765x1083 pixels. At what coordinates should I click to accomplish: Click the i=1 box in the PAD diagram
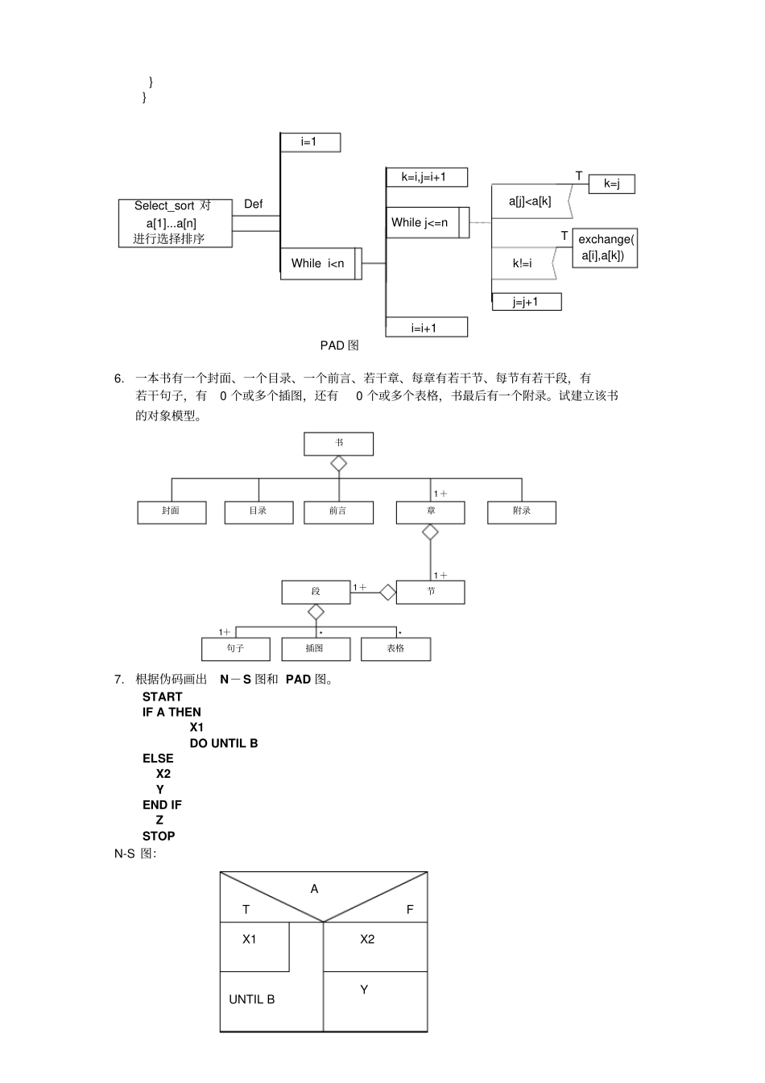pos(309,143)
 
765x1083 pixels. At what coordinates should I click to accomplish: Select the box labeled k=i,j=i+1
pos(426,177)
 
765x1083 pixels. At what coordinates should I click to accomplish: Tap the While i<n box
pos(318,263)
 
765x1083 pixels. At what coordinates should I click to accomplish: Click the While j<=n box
pos(422,222)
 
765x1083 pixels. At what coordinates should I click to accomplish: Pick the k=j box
pos(611,184)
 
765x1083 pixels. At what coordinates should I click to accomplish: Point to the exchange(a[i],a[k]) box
pos(605,248)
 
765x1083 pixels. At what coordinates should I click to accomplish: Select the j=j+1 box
pos(526,302)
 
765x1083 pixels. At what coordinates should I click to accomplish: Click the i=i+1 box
pos(426,327)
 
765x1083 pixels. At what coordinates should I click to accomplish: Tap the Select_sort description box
pos(175,223)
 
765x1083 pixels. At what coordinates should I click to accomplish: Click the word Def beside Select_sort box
pos(253,205)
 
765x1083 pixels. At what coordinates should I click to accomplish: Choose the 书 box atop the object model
pos(338,444)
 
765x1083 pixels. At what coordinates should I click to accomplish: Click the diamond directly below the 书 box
pos(338,464)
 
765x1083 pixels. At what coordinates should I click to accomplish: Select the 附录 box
pos(521,512)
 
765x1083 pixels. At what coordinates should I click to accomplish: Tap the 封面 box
pos(171,512)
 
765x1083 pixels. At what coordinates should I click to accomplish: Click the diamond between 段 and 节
pos(388,593)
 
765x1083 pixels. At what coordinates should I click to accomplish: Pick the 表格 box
pos(395,649)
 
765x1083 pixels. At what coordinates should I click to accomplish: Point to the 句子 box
pos(235,649)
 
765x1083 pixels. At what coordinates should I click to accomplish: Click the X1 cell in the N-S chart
pos(254,946)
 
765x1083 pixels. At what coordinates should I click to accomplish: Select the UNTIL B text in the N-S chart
pos(251,999)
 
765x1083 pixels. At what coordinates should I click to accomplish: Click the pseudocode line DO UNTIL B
pos(224,743)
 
